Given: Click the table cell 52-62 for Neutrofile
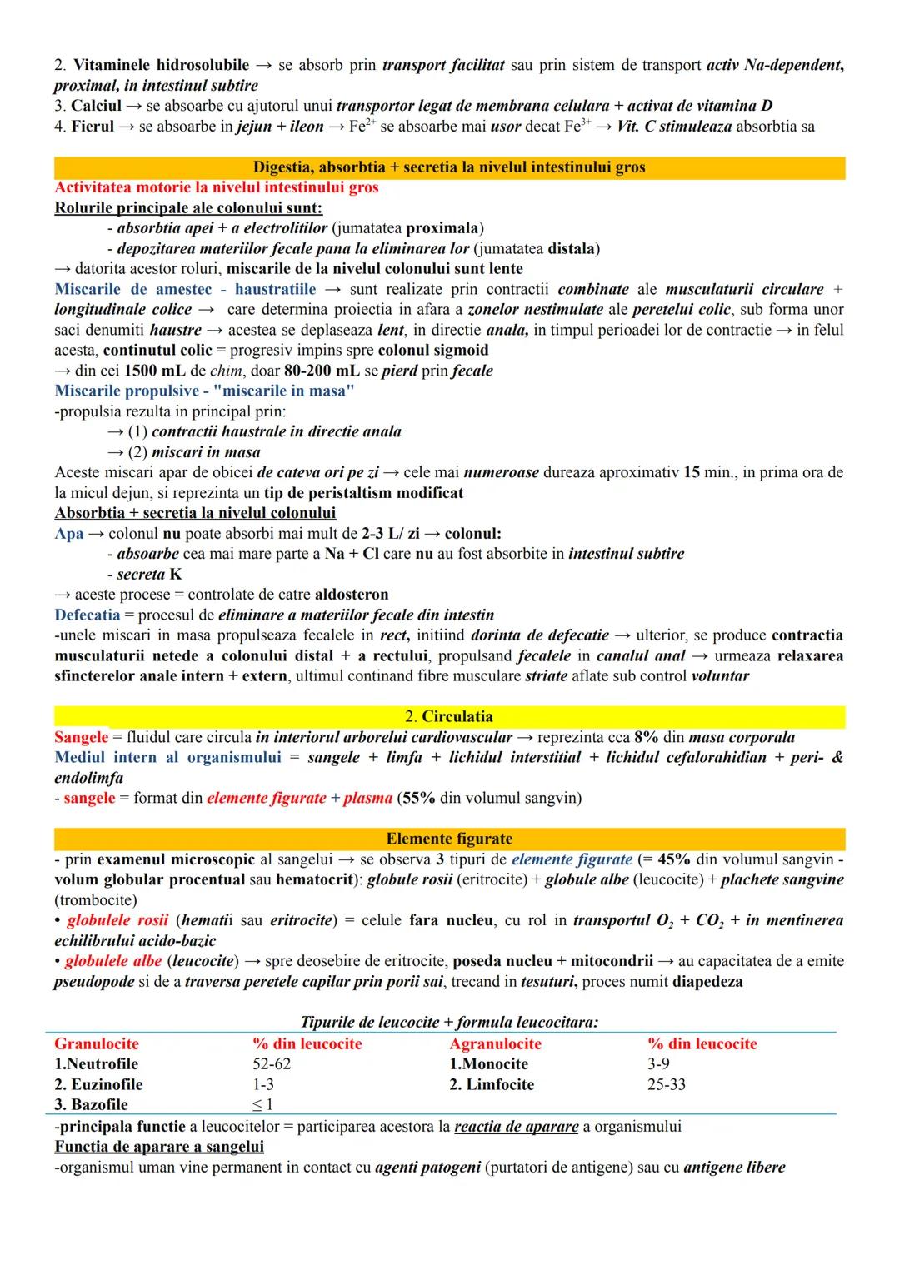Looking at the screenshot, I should pos(272,1064).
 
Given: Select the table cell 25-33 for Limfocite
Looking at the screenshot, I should pos(666,1084).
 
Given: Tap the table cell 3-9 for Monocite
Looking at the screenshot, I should pos(658,1064).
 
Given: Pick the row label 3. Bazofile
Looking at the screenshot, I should pos(91,1105).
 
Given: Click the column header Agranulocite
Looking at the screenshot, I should pos(495,1044).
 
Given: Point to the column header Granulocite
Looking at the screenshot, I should pos(97,1044).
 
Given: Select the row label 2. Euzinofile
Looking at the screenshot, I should pos(98,1084).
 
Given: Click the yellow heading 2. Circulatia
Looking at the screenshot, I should pos(449,717).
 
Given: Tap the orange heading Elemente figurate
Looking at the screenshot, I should pos(449,839).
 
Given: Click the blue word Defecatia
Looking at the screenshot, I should pos(87,615).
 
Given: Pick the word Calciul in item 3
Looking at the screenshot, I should pos(96,106).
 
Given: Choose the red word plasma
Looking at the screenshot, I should pos(367,799).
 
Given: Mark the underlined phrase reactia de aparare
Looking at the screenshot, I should pos(516,1127).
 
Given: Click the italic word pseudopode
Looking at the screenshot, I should pos(94,982).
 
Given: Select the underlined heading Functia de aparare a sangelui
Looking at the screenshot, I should pos(159,1147).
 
